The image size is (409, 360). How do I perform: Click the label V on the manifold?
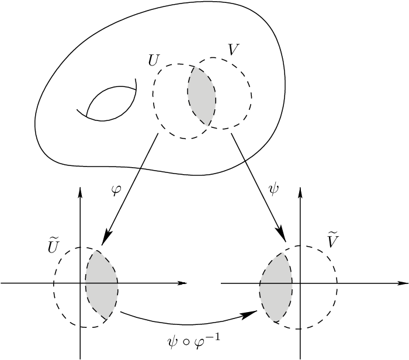pos(233,50)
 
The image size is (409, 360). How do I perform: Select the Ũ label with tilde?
pos(52,247)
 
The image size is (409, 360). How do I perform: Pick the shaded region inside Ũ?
pos(101,284)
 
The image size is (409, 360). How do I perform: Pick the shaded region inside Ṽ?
pos(276,286)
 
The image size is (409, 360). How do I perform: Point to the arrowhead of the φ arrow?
pos(104,240)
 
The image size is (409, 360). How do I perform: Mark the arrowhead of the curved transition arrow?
pos(252,314)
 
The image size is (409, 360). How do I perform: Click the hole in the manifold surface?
pos(111,103)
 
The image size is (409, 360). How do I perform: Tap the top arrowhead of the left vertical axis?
pos(79,193)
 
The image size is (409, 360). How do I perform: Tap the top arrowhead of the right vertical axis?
pos(300,193)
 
